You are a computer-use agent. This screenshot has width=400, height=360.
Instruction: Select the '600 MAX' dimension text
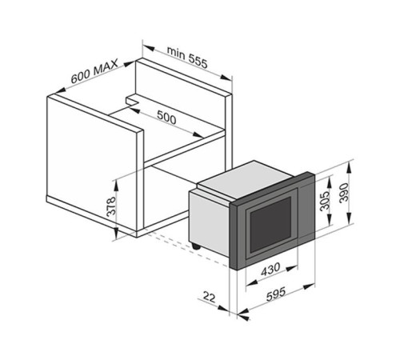pyautogui.click(x=94, y=71)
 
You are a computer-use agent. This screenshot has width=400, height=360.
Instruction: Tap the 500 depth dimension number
pyautogui.click(x=166, y=117)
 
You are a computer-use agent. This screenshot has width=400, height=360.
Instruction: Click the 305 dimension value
pyautogui.click(x=325, y=201)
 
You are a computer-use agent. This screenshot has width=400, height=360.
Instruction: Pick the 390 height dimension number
pyautogui.click(x=344, y=193)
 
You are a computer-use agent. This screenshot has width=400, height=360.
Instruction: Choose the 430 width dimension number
pyautogui.click(x=270, y=270)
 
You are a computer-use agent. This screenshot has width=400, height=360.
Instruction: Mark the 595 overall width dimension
pyautogui.click(x=276, y=294)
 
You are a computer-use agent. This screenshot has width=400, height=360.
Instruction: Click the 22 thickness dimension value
pyautogui.click(x=209, y=297)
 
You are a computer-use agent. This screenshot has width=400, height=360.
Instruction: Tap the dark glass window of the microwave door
pyautogui.click(x=270, y=225)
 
